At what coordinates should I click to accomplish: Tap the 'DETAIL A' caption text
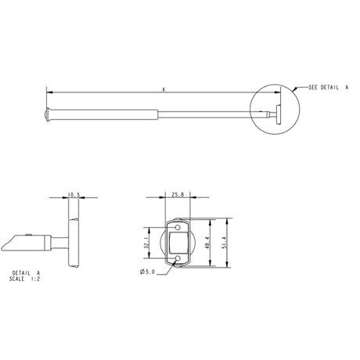(x=27, y=273)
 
